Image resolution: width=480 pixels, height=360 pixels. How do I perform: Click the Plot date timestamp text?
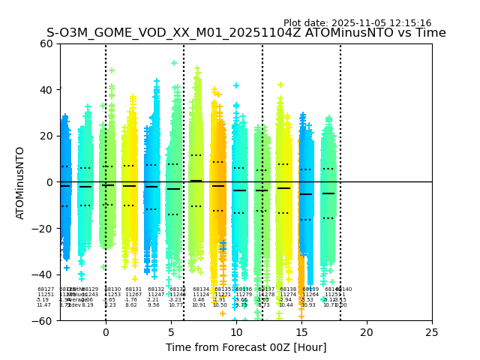(x=357, y=23)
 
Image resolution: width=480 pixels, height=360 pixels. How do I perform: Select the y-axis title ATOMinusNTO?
(x=20, y=182)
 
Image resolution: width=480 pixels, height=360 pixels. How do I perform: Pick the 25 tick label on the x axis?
(x=432, y=332)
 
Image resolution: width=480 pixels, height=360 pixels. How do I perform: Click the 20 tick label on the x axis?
(x=367, y=332)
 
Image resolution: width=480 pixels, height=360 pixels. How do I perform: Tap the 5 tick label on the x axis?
(x=171, y=332)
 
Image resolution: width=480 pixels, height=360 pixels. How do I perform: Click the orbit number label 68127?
(x=46, y=289)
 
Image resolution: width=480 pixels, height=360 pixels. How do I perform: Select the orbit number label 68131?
(x=133, y=289)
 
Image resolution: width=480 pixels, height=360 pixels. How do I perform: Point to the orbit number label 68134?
(x=201, y=289)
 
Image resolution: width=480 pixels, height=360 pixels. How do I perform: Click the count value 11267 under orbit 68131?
(x=133, y=295)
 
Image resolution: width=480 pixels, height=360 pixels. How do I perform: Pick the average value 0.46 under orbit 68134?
(x=199, y=300)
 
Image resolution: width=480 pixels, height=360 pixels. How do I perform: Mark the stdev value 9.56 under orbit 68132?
(x=154, y=305)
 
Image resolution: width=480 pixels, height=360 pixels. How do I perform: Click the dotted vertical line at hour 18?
(x=340, y=150)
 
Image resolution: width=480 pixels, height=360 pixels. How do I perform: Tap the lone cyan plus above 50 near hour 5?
(x=174, y=63)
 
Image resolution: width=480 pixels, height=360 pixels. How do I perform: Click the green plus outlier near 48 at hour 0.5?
(x=112, y=70)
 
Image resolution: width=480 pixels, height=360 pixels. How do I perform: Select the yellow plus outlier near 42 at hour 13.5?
(x=280, y=85)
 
